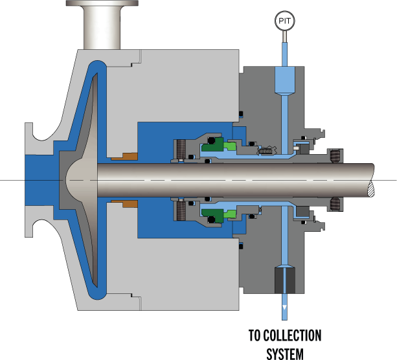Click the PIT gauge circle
pos(284,21)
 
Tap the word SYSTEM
pos(285,354)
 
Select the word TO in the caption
pos(255,335)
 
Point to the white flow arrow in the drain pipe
pos(284,308)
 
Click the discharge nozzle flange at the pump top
pos(102,3)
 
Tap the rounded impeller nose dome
pos(82,180)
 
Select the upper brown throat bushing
pos(125,157)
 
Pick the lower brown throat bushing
pos(125,203)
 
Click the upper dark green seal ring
pos(213,144)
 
